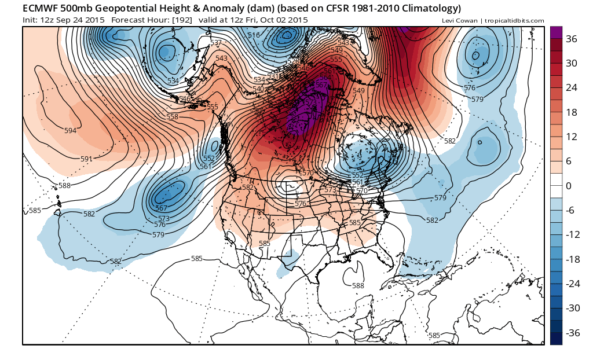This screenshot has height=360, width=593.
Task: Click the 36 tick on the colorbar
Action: (572, 39)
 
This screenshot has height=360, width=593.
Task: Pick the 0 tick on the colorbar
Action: (569, 186)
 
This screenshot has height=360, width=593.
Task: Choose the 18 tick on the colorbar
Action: (572, 113)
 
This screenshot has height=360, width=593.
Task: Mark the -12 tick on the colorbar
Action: (573, 234)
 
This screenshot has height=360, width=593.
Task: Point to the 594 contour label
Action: (70, 131)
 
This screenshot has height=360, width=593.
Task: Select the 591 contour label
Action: (86, 159)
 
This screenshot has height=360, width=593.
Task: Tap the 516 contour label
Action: (254, 36)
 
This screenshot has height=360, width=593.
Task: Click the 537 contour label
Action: (216, 43)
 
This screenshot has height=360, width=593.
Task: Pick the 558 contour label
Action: (172, 117)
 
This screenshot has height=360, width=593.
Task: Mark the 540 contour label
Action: (258, 89)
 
